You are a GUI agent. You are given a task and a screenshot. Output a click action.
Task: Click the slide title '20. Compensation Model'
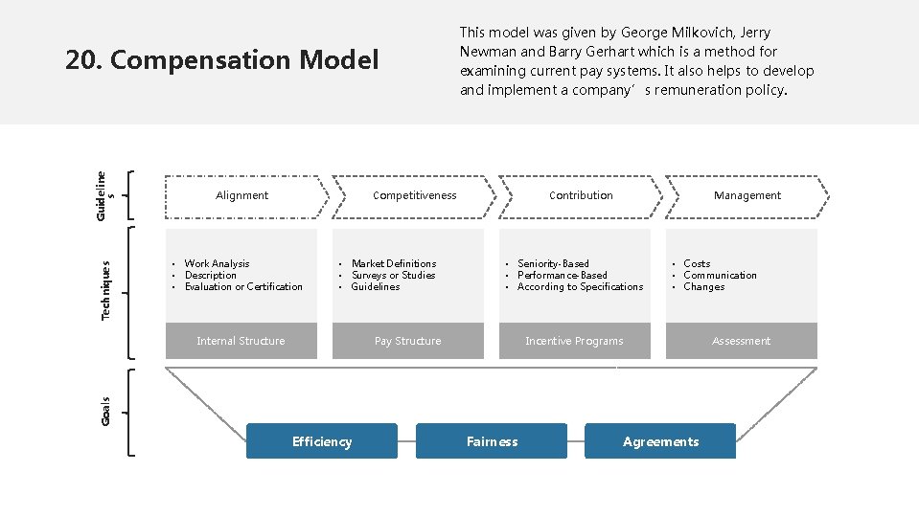point(221,60)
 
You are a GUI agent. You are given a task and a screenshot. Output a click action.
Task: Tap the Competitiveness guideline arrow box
point(414,195)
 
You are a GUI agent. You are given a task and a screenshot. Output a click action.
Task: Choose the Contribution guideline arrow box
point(581,195)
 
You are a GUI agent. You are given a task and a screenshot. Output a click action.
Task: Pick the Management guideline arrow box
point(747,195)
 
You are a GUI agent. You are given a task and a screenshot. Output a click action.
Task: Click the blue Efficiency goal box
point(322,441)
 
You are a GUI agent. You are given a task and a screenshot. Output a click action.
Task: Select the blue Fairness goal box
point(492,441)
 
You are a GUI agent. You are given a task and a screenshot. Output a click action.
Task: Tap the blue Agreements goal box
point(660,441)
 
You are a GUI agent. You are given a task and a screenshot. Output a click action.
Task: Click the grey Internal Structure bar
point(241,341)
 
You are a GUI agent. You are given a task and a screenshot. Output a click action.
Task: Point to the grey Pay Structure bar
point(408,341)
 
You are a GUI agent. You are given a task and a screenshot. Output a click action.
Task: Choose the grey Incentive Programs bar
point(574,341)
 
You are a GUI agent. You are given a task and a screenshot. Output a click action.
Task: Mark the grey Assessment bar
point(741,341)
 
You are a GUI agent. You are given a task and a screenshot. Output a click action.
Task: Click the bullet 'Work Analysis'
point(217,263)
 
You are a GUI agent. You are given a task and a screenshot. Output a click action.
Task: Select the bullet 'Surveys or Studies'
point(393,275)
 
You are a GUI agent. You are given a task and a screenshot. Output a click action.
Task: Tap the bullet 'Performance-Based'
point(563,275)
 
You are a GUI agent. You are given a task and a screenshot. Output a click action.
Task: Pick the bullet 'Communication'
point(720,275)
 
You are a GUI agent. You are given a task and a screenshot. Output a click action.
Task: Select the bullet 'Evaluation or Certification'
point(243,286)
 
